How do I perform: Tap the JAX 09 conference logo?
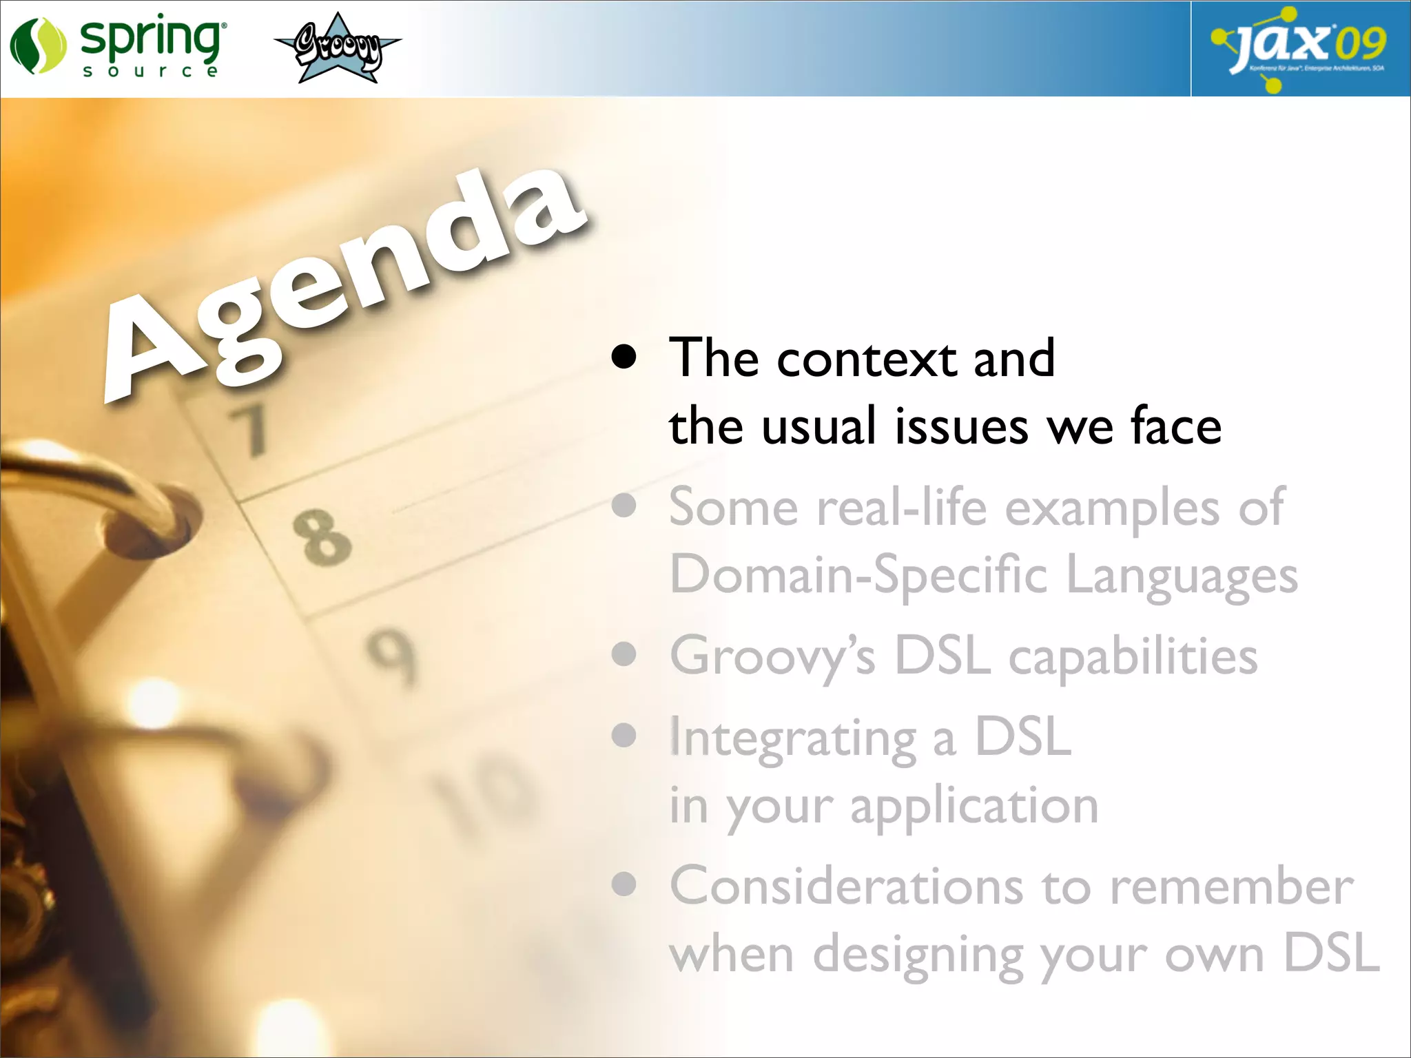1299,48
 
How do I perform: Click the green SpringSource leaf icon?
37,45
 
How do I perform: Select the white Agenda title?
344,282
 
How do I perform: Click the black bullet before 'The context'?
624,357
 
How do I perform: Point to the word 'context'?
867,360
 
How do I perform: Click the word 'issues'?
961,427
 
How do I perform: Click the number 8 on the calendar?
322,537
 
